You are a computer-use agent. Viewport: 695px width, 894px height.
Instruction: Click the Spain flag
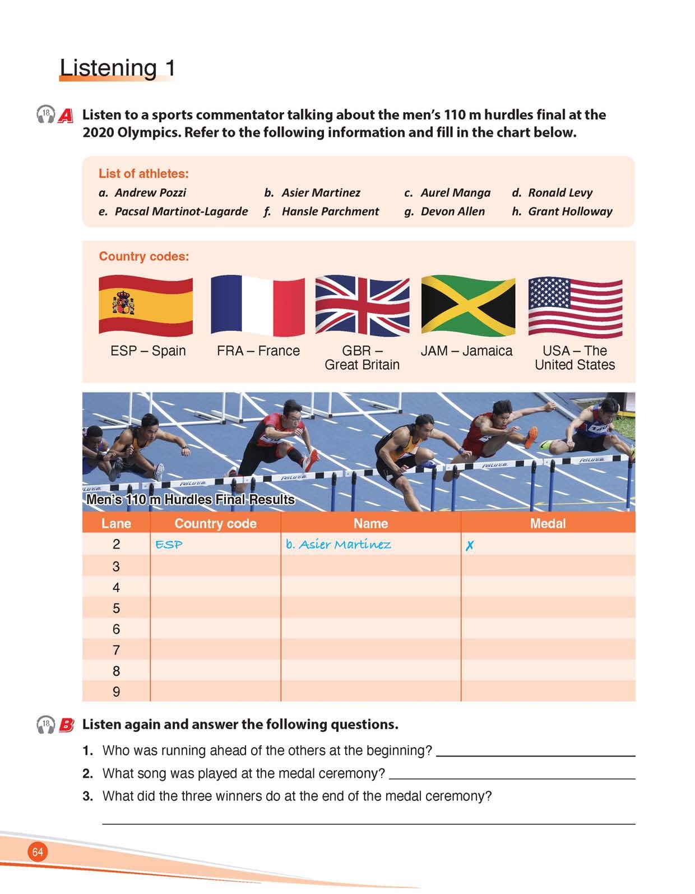point(146,305)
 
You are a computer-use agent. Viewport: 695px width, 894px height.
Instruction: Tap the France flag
point(258,305)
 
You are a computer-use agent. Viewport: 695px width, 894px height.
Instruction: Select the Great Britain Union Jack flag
point(362,305)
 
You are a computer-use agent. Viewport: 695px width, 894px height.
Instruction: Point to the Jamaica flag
point(468,305)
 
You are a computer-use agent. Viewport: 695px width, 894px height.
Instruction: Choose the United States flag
point(575,305)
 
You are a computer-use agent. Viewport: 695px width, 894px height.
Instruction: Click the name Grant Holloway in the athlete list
point(569,211)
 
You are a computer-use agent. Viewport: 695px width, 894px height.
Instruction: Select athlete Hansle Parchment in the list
point(330,211)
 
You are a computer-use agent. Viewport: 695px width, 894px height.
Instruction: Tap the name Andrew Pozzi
point(150,193)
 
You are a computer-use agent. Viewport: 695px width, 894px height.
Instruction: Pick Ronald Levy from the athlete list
point(559,193)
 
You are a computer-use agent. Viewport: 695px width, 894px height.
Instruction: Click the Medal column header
point(548,523)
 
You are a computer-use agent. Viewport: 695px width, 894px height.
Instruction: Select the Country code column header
point(215,523)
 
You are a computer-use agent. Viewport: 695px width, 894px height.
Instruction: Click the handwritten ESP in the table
point(169,545)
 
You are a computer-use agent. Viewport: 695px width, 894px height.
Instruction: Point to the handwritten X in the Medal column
point(470,545)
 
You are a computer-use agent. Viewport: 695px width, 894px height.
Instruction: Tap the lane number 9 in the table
point(116,692)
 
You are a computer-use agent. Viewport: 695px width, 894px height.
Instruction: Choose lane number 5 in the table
point(116,608)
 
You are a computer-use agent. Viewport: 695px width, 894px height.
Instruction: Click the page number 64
point(38,852)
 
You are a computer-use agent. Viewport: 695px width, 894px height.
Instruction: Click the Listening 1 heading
point(118,68)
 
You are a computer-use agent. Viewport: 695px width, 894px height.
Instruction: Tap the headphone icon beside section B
point(45,725)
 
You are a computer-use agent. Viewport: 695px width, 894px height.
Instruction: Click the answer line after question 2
point(512,777)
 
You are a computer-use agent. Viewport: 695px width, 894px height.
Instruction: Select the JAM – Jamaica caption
point(466,351)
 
